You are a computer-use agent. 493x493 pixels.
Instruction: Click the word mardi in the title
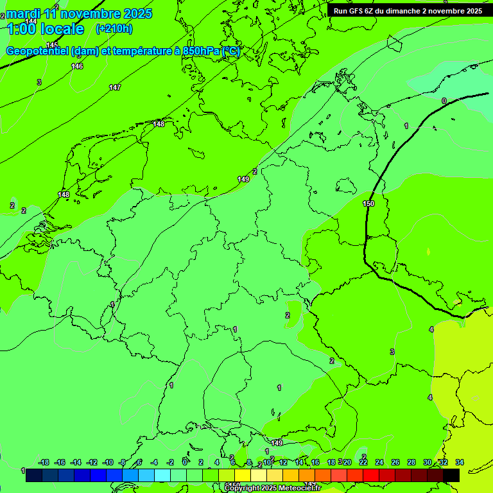pyautogui.click(x=22, y=13)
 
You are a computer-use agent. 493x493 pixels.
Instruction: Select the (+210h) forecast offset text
pyautogui.click(x=114, y=29)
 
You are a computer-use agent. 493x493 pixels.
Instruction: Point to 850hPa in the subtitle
pyautogui.click(x=201, y=51)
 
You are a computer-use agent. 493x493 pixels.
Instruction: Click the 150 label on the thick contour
pyautogui.click(x=368, y=204)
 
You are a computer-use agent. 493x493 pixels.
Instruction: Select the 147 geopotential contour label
pyautogui.click(x=114, y=87)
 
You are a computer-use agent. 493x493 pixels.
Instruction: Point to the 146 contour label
pyautogui.click(x=77, y=66)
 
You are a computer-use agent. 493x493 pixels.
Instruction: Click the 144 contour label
pyautogui.click(x=31, y=21)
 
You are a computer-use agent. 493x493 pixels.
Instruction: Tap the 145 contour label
pyautogui.click(x=52, y=45)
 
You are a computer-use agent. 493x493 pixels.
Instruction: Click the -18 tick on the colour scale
pyautogui.click(x=44, y=462)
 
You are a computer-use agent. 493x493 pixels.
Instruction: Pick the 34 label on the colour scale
pyautogui.click(x=460, y=462)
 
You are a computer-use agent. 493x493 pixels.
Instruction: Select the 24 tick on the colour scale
pyautogui.click(x=379, y=462)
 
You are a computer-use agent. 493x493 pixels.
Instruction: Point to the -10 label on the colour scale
pyautogui.click(x=108, y=462)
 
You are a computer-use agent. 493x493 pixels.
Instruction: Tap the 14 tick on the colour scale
pyautogui.click(x=299, y=462)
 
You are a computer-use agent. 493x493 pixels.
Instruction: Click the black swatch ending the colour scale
pyautogui.click(x=451, y=475)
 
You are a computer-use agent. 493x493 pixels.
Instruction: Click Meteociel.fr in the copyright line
pyautogui.click(x=301, y=489)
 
